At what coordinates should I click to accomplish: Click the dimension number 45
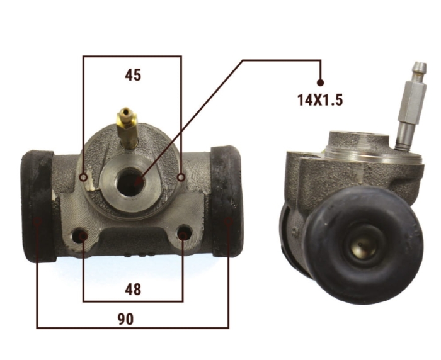click(x=133, y=76)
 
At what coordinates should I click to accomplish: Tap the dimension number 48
click(x=133, y=290)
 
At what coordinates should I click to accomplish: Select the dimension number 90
click(x=125, y=319)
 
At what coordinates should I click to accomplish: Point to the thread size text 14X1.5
click(x=320, y=100)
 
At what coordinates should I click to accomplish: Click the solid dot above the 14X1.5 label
click(x=320, y=82)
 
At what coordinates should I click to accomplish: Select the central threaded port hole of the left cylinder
click(x=130, y=182)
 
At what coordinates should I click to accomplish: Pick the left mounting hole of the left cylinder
click(x=80, y=235)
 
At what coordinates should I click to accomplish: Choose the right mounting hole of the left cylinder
click(x=184, y=232)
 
